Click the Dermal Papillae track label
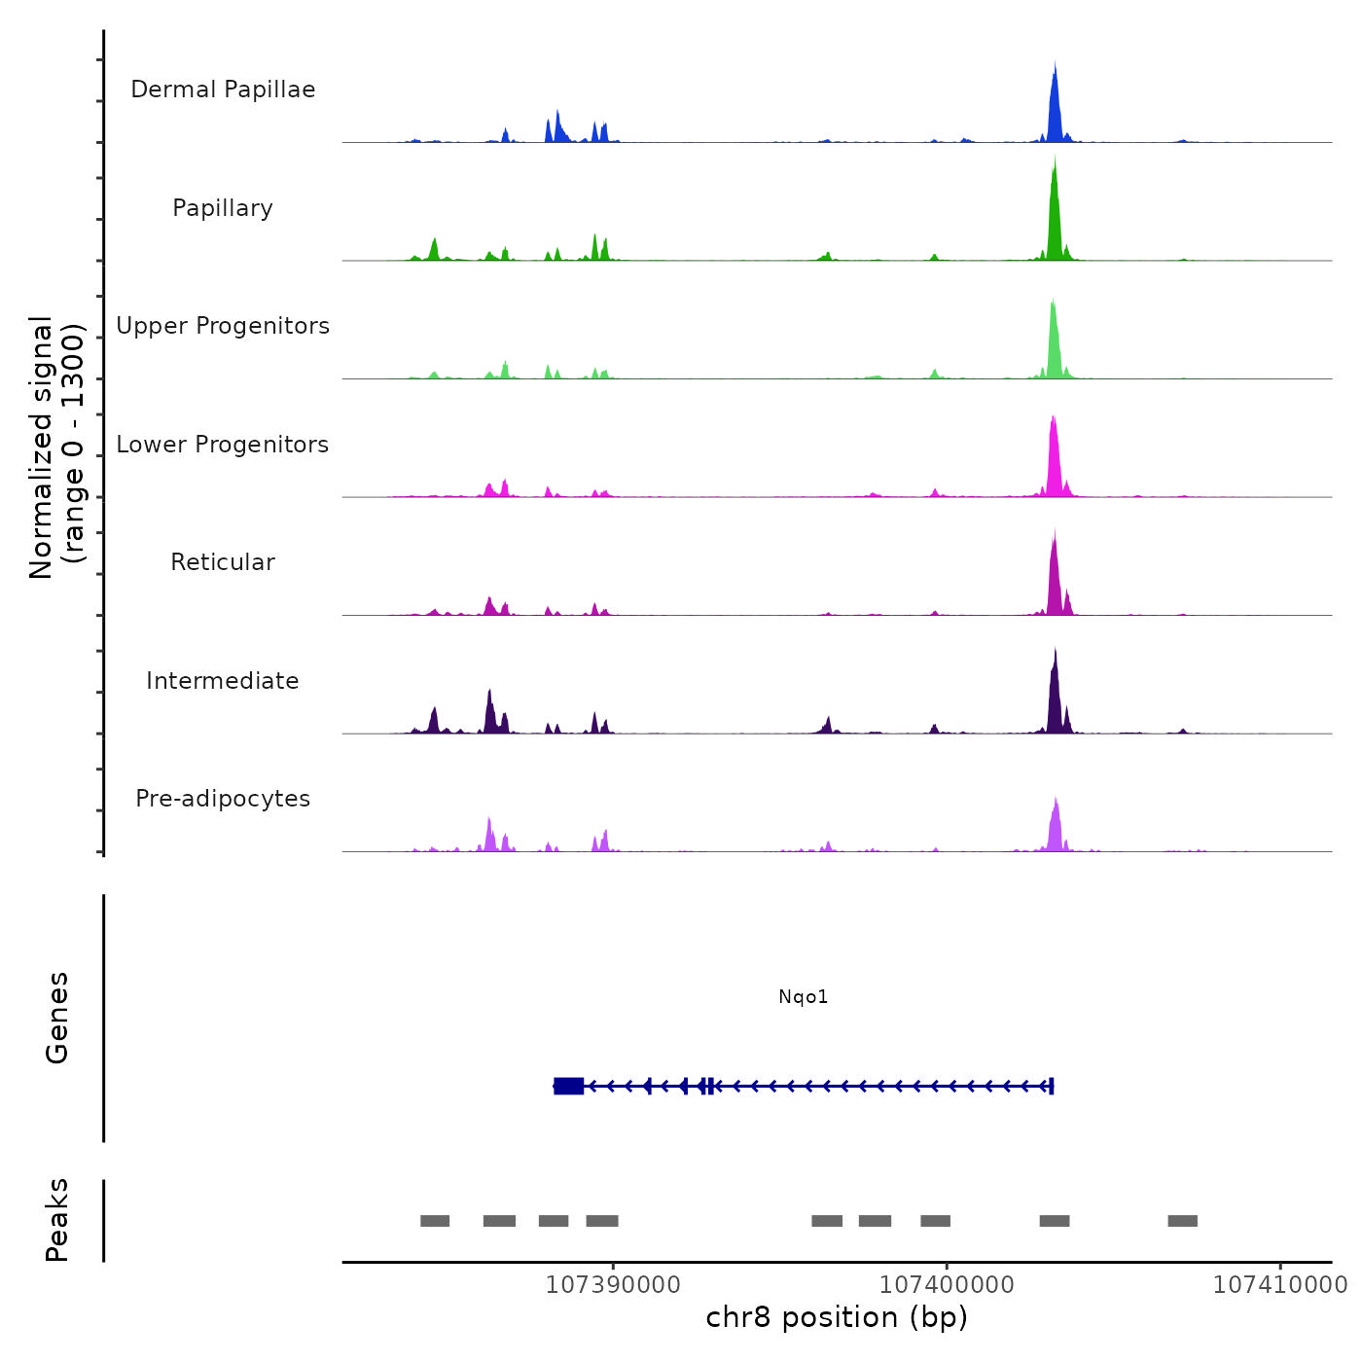(x=223, y=90)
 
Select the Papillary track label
(x=223, y=208)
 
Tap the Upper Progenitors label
(x=223, y=326)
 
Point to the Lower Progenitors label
(x=223, y=445)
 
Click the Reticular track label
(x=223, y=562)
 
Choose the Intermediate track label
(x=223, y=681)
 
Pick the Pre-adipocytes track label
(x=223, y=799)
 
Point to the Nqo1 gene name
(x=804, y=996)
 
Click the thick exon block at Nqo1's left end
(x=569, y=1086)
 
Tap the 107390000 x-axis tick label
(x=613, y=1284)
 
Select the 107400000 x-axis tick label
(x=947, y=1284)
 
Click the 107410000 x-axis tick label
(x=1280, y=1284)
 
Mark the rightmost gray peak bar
(x=1183, y=1221)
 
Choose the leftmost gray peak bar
(x=435, y=1221)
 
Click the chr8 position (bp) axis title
(x=837, y=1317)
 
